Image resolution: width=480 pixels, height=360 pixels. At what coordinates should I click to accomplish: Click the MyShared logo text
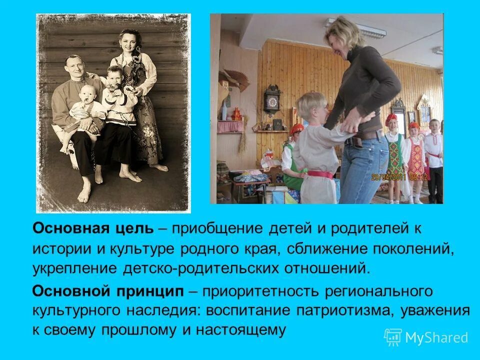[x=436, y=337]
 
